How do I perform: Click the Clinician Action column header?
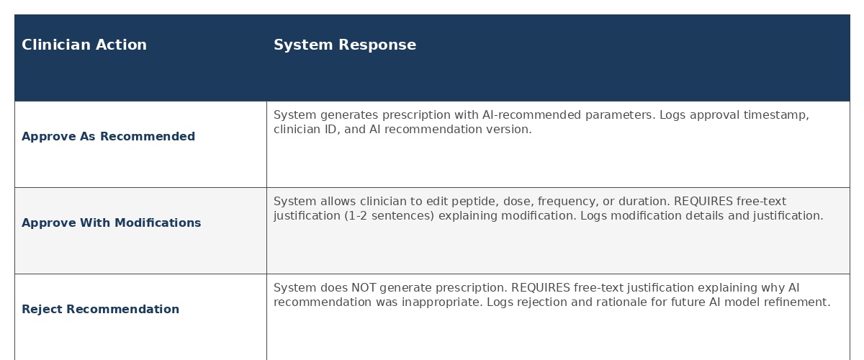coord(84,45)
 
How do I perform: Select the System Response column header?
coord(345,45)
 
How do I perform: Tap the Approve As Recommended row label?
coord(109,137)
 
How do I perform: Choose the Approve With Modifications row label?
coord(111,223)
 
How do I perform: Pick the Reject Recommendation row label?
coord(100,310)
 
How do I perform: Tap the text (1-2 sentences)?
coord(390,216)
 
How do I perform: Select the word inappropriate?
coord(442,302)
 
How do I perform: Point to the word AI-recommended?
coord(531,115)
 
